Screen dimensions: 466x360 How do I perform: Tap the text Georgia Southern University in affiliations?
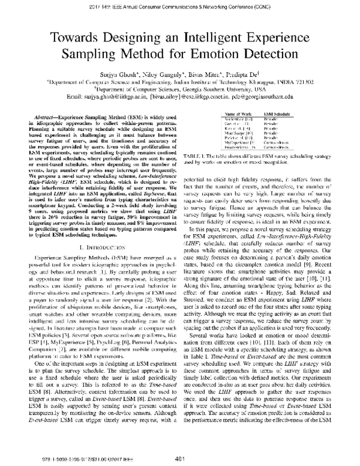(241, 86)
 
